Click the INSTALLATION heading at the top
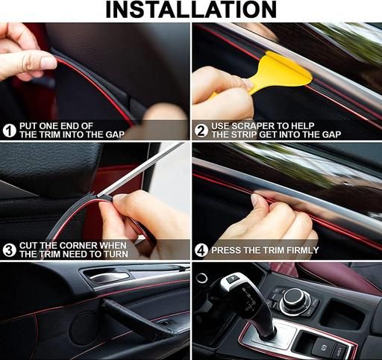(x=191, y=10)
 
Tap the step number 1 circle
(x=10, y=131)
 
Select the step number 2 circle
(x=201, y=131)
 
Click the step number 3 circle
(x=10, y=250)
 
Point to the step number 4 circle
(x=201, y=250)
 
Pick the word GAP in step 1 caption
(x=115, y=134)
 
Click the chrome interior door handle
(x=110, y=276)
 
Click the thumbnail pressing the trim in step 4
(x=257, y=200)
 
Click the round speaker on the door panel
(x=84, y=326)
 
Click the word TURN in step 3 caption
(x=117, y=254)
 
